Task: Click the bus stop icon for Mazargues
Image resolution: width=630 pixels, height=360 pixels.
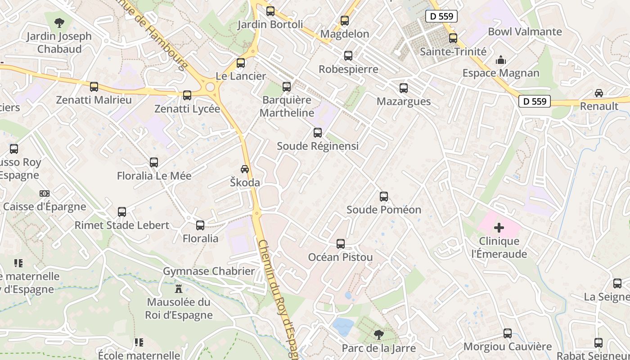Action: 404,88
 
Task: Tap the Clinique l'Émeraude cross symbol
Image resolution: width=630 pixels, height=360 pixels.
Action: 499,228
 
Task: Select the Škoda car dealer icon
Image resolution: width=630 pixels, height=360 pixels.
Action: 245,169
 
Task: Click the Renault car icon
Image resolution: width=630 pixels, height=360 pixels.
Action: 599,93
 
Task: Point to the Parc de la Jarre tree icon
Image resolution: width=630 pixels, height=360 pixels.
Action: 379,334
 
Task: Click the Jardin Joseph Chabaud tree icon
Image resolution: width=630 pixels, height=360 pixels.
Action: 59,22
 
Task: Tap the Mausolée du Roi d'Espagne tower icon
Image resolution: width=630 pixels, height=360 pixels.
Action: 179,288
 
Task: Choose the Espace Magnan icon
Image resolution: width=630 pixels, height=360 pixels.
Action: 500,60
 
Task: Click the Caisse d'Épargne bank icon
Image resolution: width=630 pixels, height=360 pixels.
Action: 44,193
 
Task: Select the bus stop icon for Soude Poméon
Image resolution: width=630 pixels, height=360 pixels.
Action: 384,197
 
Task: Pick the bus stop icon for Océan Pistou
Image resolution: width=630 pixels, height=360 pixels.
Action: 341,244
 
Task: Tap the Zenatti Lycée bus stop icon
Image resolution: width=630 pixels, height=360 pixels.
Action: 187,95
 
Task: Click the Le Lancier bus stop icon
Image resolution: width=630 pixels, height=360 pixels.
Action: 241,63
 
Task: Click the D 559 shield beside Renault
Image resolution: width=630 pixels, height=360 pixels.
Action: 535,101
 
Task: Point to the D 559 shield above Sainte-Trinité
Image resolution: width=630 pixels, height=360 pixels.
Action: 441,17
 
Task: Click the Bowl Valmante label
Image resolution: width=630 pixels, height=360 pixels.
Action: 525,32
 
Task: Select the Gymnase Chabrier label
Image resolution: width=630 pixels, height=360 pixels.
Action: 209,271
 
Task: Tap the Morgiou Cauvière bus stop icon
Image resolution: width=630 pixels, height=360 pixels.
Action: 508,333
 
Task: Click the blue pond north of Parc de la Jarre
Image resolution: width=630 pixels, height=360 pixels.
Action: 343,327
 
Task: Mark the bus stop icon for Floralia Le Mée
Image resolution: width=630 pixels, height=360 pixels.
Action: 154,162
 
